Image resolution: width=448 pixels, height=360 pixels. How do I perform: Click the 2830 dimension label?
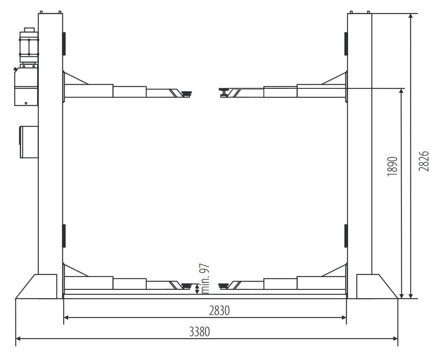click(219, 311)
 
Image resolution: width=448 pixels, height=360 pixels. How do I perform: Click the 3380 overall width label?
click(199, 332)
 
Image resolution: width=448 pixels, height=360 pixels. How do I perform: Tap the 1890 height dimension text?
click(393, 166)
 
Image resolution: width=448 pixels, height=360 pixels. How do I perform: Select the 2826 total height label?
click(424, 161)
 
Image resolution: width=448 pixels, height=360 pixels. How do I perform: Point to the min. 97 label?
click(206, 279)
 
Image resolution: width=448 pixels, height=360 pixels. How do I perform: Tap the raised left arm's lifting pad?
click(186, 93)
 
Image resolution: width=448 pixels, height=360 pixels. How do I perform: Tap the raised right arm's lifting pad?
click(224, 92)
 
